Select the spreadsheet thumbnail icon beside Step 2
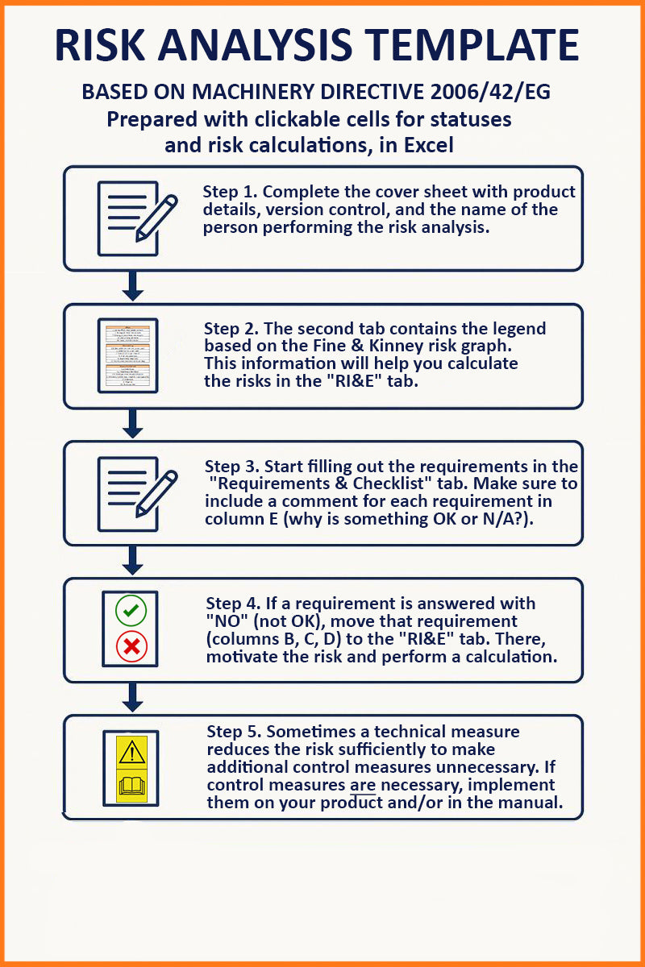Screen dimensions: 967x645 (127, 355)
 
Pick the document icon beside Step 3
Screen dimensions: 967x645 (127, 493)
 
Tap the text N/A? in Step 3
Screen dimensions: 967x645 (503, 519)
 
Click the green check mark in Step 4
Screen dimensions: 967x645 (131, 610)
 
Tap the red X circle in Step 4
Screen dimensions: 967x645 (131, 645)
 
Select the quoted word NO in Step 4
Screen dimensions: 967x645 (226, 621)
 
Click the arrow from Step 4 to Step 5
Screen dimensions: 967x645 (134, 697)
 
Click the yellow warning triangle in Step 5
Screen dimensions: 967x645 (131, 751)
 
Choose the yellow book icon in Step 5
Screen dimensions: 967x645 (131, 784)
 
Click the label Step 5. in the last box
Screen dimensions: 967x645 (234, 732)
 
